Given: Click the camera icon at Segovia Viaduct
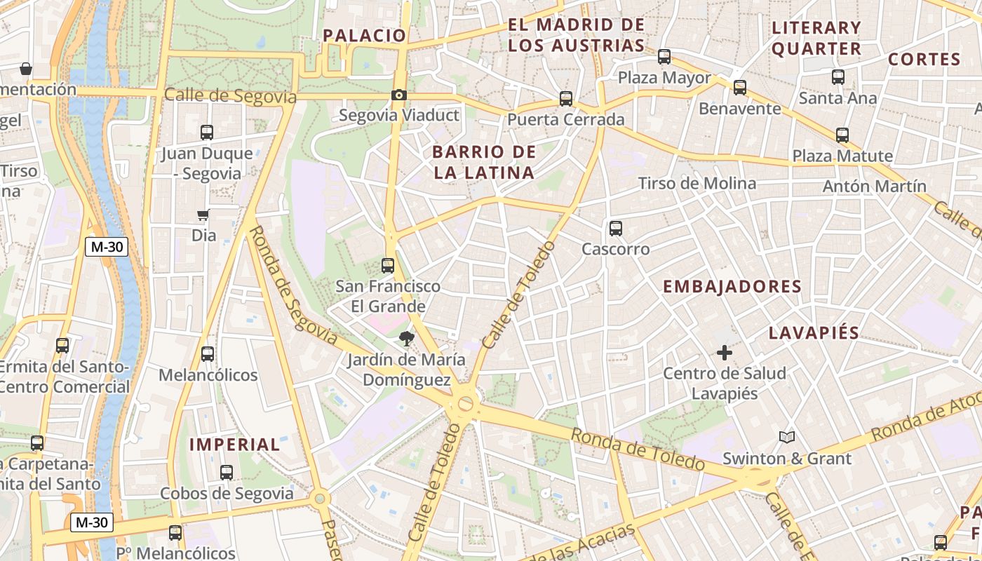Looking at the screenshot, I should pyautogui.click(x=398, y=95).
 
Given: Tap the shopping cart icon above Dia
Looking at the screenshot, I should pyautogui.click(x=203, y=215).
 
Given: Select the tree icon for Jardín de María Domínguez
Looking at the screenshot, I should pyautogui.click(x=406, y=339).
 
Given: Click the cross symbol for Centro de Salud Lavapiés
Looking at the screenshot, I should pyautogui.click(x=725, y=353).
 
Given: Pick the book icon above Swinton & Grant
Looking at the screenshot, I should pyautogui.click(x=787, y=438).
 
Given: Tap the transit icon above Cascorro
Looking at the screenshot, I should pyautogui.click(x=616, y=229).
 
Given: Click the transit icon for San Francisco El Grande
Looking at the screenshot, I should pyautogui.click(x=387, y=266).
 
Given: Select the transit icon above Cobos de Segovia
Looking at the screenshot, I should pyautogui.click(x=226, y=473).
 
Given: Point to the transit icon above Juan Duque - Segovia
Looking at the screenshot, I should pyautogui.click(x=207, y=133).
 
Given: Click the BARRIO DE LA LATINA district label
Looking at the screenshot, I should pyautogui.click(x=484, y=162).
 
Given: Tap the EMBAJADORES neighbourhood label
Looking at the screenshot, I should pyautogui.click(x=732, y=287).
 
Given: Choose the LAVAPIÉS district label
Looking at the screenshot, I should pyautogui.click(x=814, y=333).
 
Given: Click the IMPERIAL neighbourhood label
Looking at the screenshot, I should pyautogui.click(x=235, y=445).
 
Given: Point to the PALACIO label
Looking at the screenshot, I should pyautogui.click(x=364, y=36).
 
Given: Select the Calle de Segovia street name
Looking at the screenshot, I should pyautogui.click(x=230, y=96).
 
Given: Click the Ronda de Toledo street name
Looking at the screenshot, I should pyautogui.click(x=637, y=450).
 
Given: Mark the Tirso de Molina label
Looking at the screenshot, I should pyautogui.click(x=697, y=184).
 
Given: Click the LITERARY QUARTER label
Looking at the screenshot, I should pyautogui.click(x=816, y=39).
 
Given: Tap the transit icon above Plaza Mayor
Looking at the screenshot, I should pyautogui.click(x=664, y=58).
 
